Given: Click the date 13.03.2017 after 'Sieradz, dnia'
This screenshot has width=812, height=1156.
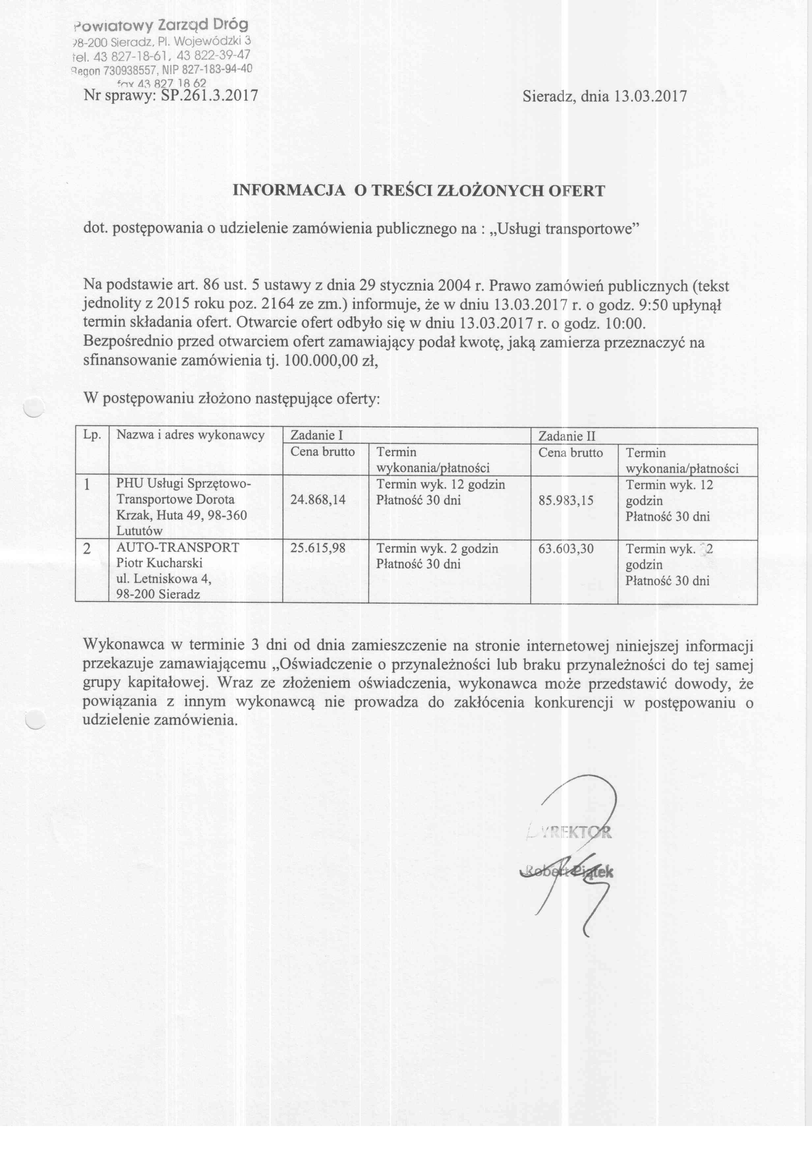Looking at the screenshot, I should (650, 96).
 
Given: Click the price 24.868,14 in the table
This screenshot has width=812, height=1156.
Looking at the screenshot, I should (318, 500).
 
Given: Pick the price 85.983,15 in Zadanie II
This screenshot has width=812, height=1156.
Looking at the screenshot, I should (566, 500).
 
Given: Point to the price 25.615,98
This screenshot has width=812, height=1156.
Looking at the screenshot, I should (318, 548).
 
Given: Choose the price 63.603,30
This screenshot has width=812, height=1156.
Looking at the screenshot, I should (566, 548).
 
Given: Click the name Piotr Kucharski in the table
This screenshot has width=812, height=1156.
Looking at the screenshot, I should (159, 563).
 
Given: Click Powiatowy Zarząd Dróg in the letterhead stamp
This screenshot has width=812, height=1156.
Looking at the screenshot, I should (161, 25).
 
